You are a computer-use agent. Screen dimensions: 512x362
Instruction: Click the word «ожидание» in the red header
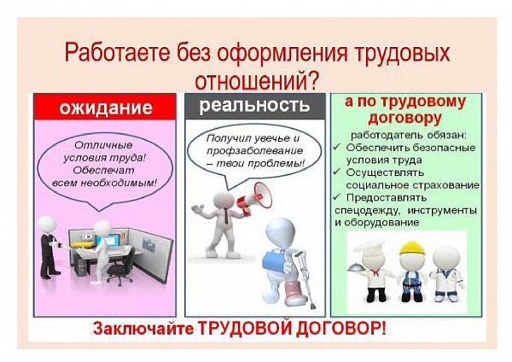tap(106, 108)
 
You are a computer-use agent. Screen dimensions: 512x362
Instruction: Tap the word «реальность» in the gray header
tap(254, 105)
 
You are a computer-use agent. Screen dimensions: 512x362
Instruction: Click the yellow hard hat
tap(412, 248)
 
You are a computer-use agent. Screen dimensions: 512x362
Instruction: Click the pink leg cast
tap(295, 291)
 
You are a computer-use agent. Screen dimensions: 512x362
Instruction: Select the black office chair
tap(121, 268)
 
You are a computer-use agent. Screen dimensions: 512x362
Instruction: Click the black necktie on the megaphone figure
tap(226, 216)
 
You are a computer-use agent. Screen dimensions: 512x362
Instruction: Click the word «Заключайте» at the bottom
tap(143, 328)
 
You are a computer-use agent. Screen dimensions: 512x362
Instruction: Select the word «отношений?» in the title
tap(256, 79)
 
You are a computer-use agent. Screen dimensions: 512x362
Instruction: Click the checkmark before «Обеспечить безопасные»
tap(337, 147)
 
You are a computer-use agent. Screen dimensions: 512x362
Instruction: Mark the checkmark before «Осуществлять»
tap(337, 172)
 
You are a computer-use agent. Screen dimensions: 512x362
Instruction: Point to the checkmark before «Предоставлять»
tap(337, 197)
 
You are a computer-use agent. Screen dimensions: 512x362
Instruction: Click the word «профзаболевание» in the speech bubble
tap(255, 151)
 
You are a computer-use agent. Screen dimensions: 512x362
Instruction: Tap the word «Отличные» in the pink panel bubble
tap(103, 145)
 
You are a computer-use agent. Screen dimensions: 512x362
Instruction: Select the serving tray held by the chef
tap(356, 268)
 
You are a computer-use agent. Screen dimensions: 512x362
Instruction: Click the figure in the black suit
tap(49, 247)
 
